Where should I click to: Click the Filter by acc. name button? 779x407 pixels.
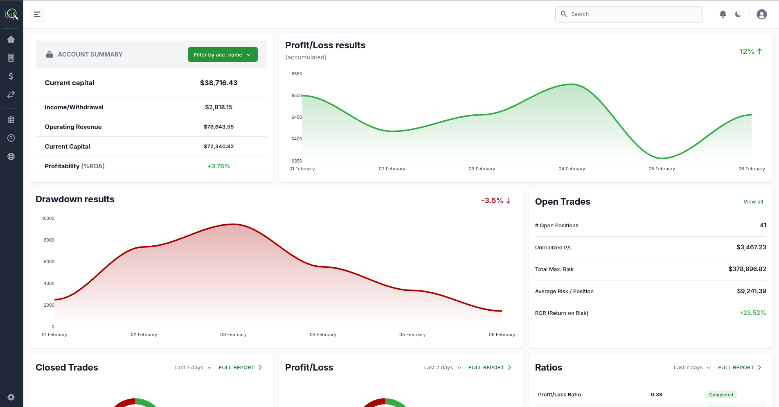[223, 54]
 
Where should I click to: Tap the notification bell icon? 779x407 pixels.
[723, 14]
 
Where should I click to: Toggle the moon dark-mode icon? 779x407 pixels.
[738, 14]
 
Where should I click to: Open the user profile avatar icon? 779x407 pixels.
[761, 14]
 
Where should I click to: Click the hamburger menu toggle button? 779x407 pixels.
[37, 14]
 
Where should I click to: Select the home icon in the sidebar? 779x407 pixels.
[11, 39]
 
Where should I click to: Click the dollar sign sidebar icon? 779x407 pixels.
[11, 76]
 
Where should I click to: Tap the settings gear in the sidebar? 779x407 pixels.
[11, 397]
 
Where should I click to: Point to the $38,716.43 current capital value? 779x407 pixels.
[218, 83]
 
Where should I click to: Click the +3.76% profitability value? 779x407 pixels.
[218, 166]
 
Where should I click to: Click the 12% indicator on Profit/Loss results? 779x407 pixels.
[750, 52]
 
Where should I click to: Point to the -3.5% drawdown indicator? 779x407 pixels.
[495, 201]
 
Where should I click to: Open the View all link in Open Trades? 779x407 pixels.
[753, 202]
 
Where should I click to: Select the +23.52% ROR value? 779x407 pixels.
[752, 313]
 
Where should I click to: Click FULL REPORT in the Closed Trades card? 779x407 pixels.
[240, 368]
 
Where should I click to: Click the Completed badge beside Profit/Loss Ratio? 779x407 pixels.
[721, 395]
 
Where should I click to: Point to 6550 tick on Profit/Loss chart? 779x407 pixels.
[297, 74]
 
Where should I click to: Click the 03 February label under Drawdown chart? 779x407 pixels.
[233, 335]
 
